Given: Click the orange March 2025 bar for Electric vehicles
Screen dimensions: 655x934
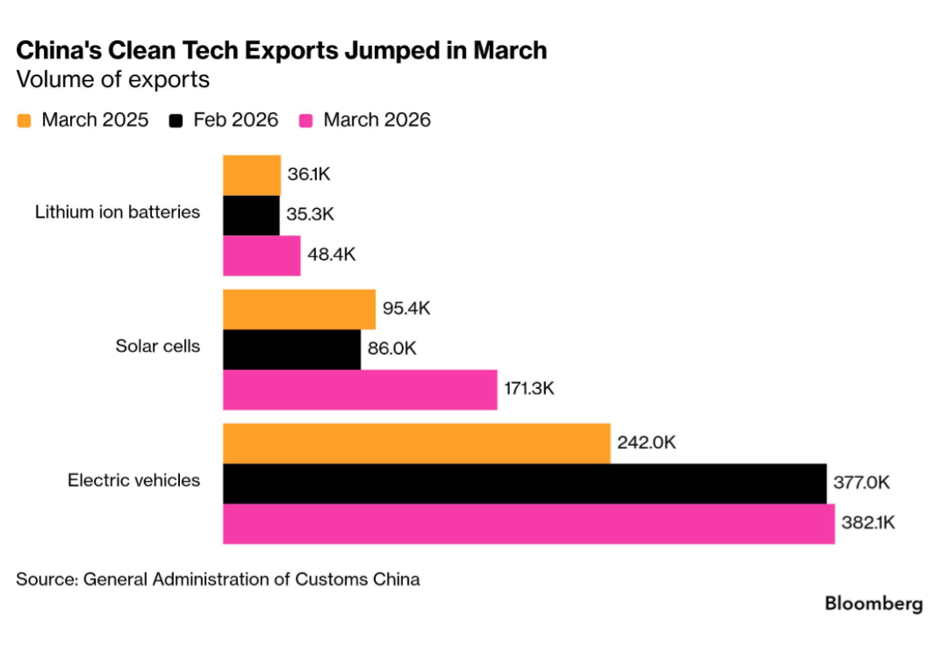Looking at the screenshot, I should tap(416, 443).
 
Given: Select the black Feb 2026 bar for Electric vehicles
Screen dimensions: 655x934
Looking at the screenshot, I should tap(524, 483).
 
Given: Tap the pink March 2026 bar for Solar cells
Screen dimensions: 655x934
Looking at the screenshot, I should tap(360, 389).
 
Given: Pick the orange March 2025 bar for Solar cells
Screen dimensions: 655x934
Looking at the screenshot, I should tap(298, 309).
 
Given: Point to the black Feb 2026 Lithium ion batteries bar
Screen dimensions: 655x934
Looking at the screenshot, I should tap(251, 215).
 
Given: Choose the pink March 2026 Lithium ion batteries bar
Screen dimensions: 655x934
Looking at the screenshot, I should tap(262, 256).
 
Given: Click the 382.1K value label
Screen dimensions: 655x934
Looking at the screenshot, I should tap(868, 523).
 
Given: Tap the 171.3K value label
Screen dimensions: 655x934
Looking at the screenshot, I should tap(529, 388).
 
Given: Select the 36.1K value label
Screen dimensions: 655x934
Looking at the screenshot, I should tap(309, 174).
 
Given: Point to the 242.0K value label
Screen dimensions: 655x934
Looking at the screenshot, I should tap(646, 443).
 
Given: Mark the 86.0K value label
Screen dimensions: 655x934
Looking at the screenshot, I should tap(392, 349).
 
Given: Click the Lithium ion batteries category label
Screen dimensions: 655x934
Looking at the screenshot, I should tap(118, 212).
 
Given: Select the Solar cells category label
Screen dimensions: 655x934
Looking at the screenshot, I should tap(158, 346).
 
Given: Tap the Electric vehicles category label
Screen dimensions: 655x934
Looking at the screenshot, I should tap(133, 480).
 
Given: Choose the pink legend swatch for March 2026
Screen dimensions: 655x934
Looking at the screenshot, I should tap(306, 120).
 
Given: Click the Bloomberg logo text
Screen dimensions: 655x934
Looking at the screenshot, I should tap(873, 604).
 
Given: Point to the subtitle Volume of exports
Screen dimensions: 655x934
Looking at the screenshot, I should tap(113, 80).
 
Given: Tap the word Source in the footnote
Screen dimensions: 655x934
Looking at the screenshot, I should tap(45, 579).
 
